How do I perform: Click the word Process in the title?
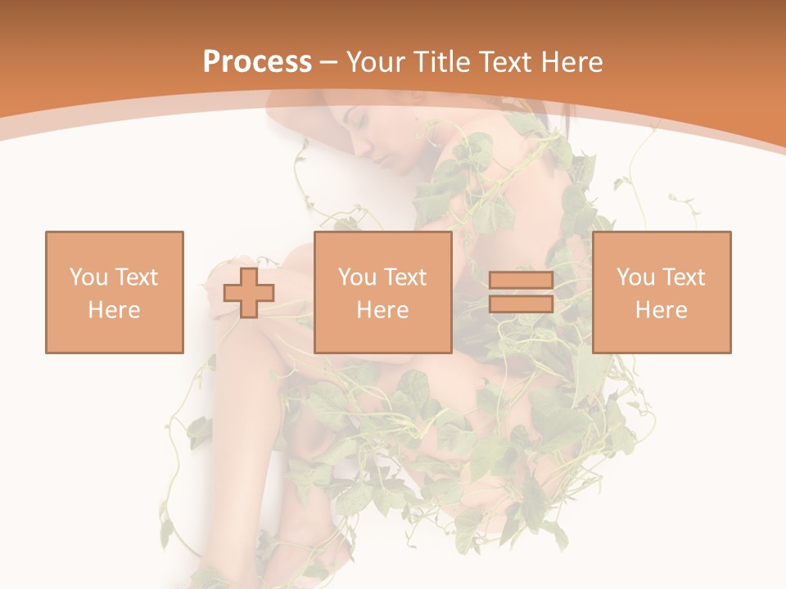pyautogui.click(x=257, y=62)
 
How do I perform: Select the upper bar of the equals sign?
pyautogui.click(x=521, y=281)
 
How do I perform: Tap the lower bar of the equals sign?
pyautogui.click(x=521, y=304)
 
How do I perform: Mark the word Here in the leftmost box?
pyautogui.click(x=114, y=310)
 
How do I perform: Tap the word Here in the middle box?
pyautogui.click(x=383, y=310)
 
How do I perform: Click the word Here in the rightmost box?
pyautogui.click(x=662, y=310)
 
